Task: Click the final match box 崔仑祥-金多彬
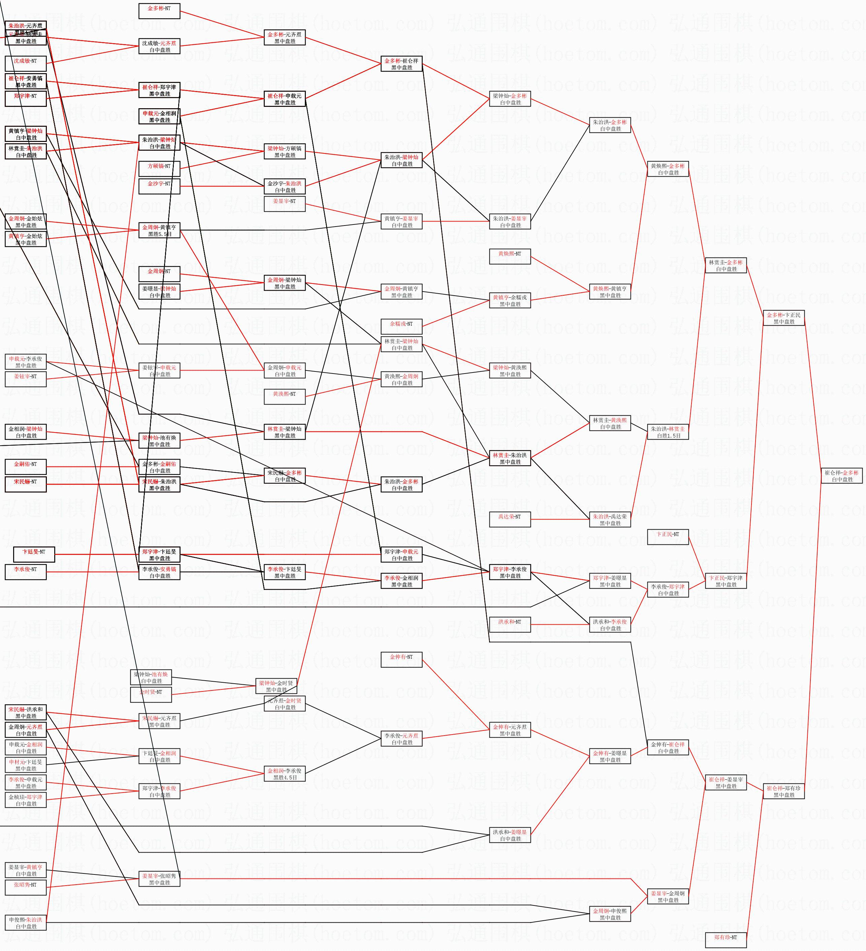click(x=841, y=475)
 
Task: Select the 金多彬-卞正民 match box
click(x=783, y=318)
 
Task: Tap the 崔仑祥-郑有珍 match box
click(x=783, y=791)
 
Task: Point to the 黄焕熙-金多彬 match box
click(x=668, y=169)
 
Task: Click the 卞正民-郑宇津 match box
click(x=726, y=581)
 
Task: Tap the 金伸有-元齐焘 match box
click(x=510, y=730)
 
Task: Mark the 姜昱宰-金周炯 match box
click(x=668, y=896)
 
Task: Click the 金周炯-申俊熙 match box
click(x=610, y=914)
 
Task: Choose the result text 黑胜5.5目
click(x=160, y=234)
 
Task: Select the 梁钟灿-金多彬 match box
click(x=510, y=98)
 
